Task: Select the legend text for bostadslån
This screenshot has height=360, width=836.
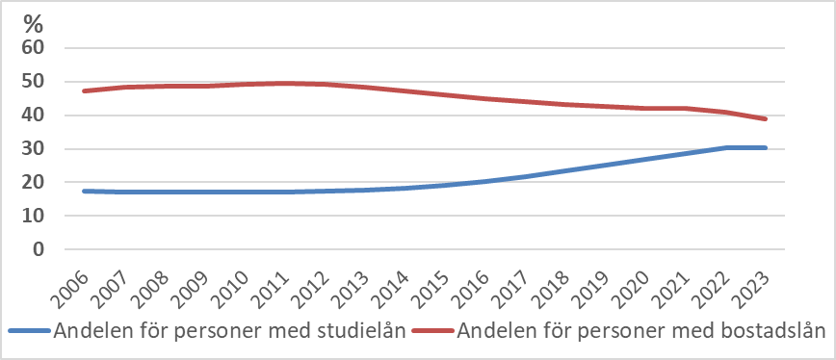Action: point(642,332)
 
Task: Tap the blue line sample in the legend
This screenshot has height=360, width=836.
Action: point(30,332)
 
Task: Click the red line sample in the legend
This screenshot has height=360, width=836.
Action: point(434,332)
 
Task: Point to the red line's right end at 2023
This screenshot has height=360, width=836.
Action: point(766,119)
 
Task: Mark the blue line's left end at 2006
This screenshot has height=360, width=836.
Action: point(84,191)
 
